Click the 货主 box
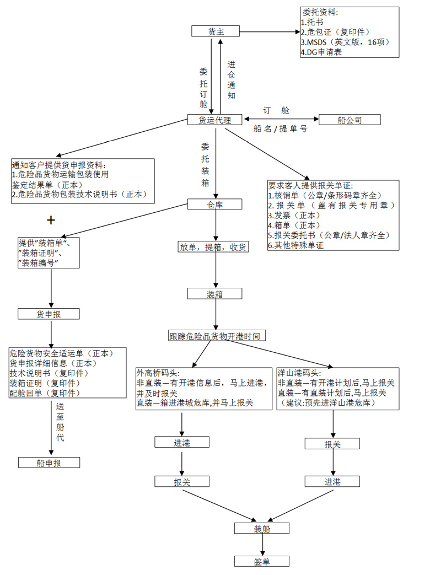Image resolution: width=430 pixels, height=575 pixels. click(x=216, y=31)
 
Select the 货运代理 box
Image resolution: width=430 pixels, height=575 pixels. click(x=214, y=120)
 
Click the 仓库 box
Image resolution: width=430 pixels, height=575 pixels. click(x=215, y=205)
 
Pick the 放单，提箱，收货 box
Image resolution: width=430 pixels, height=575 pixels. click(x=213, y=247)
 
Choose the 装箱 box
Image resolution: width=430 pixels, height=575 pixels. click(x=214, y=294)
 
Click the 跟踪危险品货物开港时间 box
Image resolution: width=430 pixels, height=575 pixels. click(x=214, y=336)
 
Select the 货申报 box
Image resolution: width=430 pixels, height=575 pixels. click(x=49, y=314)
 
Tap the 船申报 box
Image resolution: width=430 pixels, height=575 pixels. click(x=49, y=463)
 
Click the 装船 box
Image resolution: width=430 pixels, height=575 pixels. click(x=262, y=528)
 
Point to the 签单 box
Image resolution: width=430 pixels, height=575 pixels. click(x=262, y=561)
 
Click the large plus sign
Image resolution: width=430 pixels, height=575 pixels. click(x=51, y=221)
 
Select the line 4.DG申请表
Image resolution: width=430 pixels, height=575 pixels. click(x=321, y=52)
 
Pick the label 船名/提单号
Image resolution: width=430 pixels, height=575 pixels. click(x=280, y=128)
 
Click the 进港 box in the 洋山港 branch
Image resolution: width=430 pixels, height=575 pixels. click(x=332, y=482)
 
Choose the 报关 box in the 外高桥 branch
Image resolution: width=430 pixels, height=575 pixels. click(x=182, y=482)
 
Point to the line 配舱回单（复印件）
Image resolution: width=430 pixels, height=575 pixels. click(x=45, y=393)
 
